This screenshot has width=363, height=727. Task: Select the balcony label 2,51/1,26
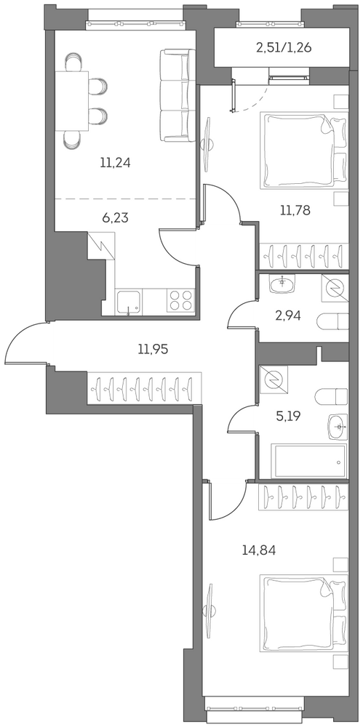[283, 48]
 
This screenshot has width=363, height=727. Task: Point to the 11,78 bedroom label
[295, 210]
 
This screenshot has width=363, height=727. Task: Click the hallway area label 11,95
[153, 349]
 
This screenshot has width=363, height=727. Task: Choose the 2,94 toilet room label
[288, 316]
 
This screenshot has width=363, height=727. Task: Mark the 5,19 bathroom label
[288, 415]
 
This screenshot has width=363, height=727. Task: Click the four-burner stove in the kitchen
[179, 300]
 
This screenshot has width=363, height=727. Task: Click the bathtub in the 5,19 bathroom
[308, 462]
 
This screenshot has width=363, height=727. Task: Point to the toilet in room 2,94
[332, 321]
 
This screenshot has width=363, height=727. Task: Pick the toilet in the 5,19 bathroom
[331, 397]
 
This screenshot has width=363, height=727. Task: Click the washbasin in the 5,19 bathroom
[338, 425]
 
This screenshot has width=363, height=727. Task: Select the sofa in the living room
[175, 95]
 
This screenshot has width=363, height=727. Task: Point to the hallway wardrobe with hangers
[144, 388]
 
